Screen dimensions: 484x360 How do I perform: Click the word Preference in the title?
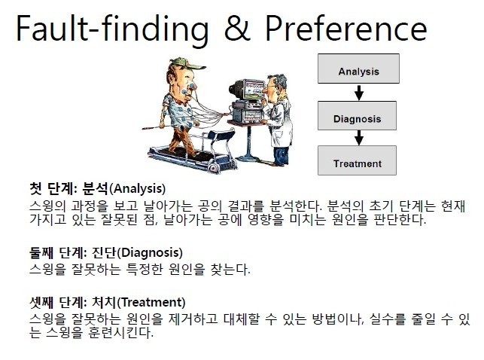(346, 28)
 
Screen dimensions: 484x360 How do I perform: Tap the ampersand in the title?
(237, 28)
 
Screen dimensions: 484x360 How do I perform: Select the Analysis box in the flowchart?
(358, 69)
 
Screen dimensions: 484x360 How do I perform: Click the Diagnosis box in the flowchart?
(357, 116)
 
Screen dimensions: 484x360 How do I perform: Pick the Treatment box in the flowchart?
(357, 160)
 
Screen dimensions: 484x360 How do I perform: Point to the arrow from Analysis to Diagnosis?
(359, 93)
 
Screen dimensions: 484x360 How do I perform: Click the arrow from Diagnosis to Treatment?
(359, 138)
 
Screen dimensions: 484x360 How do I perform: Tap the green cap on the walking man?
(187, 63)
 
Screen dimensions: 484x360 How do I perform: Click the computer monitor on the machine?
(252, 88)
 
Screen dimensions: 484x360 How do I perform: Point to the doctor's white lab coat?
(280, 123)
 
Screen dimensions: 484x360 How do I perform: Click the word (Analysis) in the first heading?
(137, 188)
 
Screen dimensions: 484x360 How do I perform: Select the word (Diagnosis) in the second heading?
(150, 253)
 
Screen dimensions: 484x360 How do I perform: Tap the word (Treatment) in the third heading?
(151, 302)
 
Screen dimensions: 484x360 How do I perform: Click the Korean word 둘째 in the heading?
(41, 253)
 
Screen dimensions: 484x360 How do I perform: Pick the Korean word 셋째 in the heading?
(41, 302)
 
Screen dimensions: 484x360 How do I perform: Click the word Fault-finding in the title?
(112, 29)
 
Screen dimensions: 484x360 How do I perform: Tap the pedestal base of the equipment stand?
(248, 158)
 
